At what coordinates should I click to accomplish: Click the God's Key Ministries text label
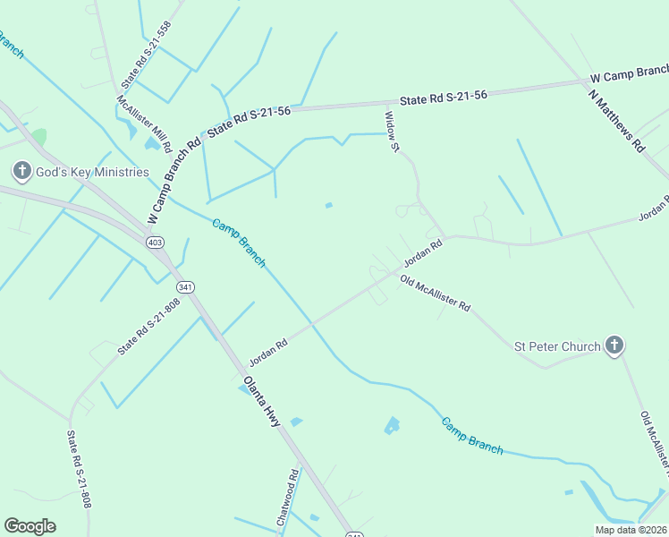point(92,172)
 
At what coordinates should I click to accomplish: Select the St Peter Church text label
point(556,345)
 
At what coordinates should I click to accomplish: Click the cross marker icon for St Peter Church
point(614,345)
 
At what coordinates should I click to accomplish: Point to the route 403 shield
point(155,243)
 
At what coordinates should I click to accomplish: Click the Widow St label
point(390,131)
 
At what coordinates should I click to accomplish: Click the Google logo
point(30,526)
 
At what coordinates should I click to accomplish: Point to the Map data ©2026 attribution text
point(630,530)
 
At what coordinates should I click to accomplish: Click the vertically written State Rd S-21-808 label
point(79,470)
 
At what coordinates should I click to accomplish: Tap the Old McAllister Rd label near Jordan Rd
point(435,294)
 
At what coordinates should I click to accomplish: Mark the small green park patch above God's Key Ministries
point(38,137)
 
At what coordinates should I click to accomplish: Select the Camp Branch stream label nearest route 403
point(239,243)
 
